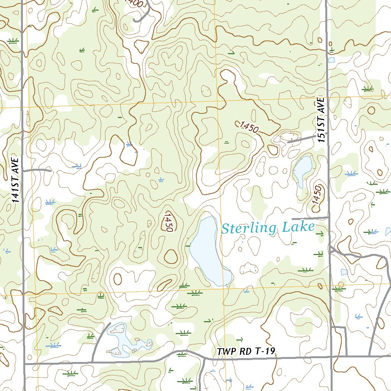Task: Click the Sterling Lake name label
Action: [268, 228]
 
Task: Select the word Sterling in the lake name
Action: [249, 228]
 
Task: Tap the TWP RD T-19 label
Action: [246, 352]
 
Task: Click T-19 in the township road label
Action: [265, 351]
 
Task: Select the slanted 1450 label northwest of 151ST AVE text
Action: [248, 127]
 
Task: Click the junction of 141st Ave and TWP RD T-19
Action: [24, 364]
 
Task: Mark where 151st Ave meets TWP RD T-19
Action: [331, 357]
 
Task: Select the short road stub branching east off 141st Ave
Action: [37, 170]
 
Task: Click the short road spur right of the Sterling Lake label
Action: [310, 218]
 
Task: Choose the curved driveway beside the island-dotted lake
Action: [97, 342]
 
